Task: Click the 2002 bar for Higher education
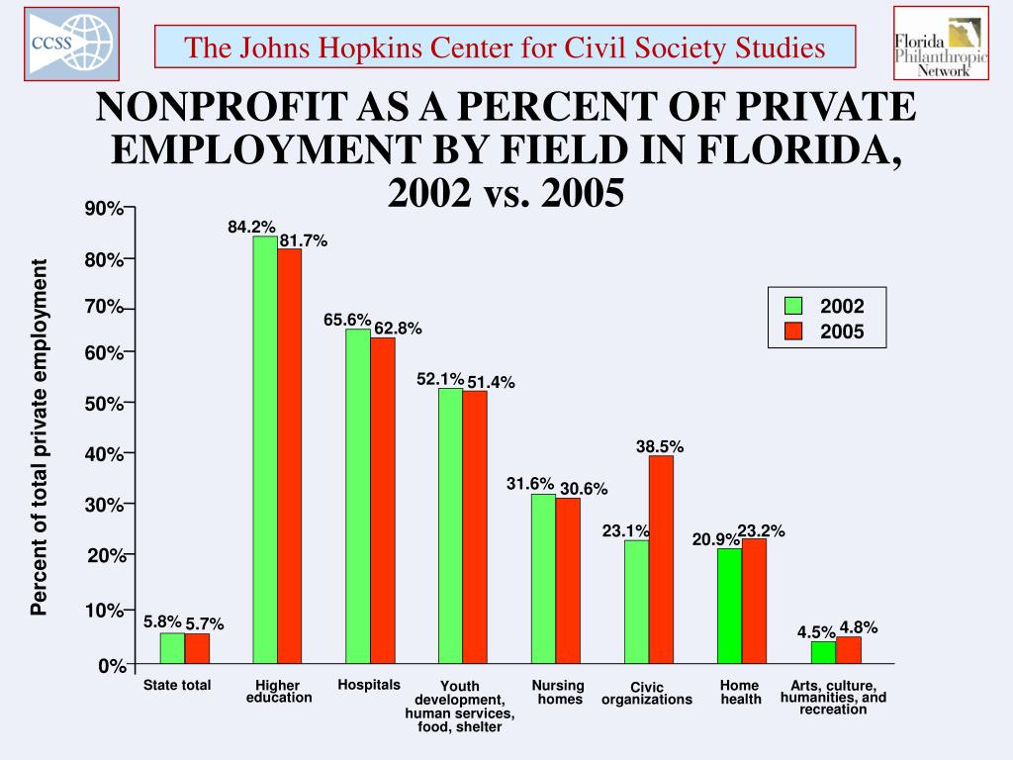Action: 265,450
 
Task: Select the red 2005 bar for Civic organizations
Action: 661,559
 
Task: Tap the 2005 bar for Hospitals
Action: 383,501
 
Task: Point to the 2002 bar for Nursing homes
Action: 543,579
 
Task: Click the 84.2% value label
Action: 251,228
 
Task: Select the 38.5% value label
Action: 660,447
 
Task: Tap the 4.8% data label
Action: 859,627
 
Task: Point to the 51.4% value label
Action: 491,383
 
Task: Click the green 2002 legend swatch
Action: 792,306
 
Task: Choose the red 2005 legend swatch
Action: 792,332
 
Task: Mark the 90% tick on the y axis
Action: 103,209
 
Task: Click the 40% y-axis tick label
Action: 103,454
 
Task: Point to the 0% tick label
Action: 110,667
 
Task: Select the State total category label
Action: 177,685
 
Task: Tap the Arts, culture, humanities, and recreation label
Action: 833,697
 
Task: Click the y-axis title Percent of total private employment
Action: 39,437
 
